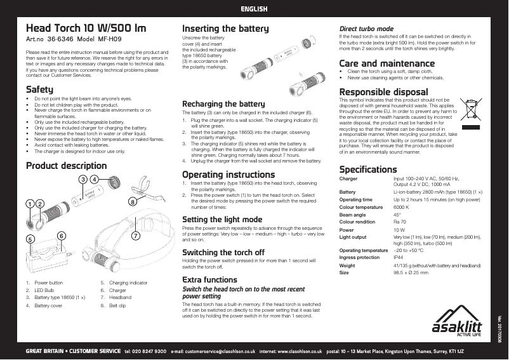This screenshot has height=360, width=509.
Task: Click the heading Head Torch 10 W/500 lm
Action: [x=86, y=29]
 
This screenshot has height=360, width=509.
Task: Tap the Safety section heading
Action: [x=39, y=90]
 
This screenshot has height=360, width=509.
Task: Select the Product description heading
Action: [x=66, y=166]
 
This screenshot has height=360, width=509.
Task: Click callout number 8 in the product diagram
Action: [x=132, y=202]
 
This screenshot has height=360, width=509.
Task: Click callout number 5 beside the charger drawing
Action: [x=30, y=239]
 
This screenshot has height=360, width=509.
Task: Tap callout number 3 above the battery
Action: [x=83, y=180]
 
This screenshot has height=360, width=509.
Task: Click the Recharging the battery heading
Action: [x=223, y=103]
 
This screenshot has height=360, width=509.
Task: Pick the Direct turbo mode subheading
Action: [x=366, y=29]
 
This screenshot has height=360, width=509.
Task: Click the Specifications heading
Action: [x=368, y=170]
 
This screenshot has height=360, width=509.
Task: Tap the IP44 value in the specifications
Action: [x=399, y=258]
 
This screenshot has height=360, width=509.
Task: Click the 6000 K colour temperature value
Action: [x=401, y=208]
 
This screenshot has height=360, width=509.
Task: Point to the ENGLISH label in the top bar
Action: [x=254, y=9]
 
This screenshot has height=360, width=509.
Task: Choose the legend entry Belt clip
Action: [x=118, y=305]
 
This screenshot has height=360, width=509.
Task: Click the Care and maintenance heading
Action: [x=387, y=63]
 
